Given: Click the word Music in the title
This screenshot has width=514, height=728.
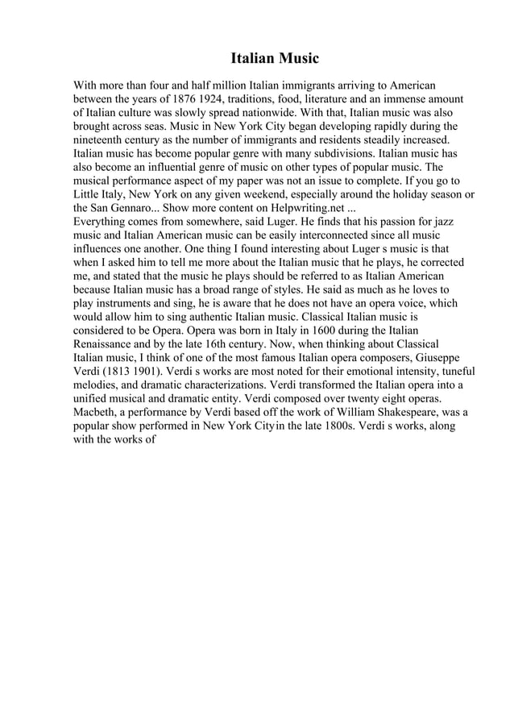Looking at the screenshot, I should [x=299, y=59].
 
